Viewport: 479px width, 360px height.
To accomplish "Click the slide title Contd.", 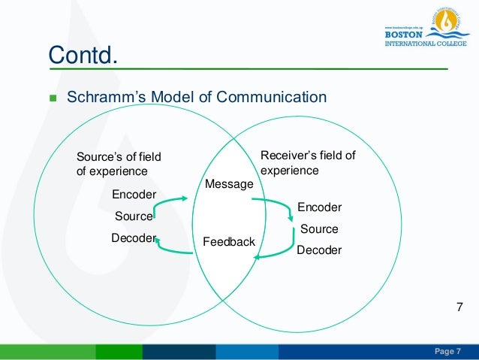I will click(x=84, y=55).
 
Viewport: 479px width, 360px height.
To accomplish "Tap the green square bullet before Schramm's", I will click(x=53, y=98).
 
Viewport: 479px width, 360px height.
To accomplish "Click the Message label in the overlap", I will click(x=229, y=183).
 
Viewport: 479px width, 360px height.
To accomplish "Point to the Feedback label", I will click(x=229, y=242).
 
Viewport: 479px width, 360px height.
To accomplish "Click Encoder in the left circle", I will click(x=134, y=195).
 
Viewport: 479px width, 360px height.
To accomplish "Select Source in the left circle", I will click(x=134, y=216).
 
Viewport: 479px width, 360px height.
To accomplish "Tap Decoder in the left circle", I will click(x=133, y=238).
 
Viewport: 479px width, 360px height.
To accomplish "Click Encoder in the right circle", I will click(x=319, y=207).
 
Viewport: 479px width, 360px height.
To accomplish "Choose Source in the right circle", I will click(x=319, y=228).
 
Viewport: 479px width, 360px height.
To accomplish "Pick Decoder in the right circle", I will click(x=319, y=250).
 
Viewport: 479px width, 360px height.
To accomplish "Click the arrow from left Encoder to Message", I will click(x=173, y=199).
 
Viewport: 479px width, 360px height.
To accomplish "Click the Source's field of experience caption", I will click(x=119, y=163).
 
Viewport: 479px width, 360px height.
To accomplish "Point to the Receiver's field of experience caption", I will click(x=307, y=162).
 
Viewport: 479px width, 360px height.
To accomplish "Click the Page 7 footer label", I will click(x=448, y=352).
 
